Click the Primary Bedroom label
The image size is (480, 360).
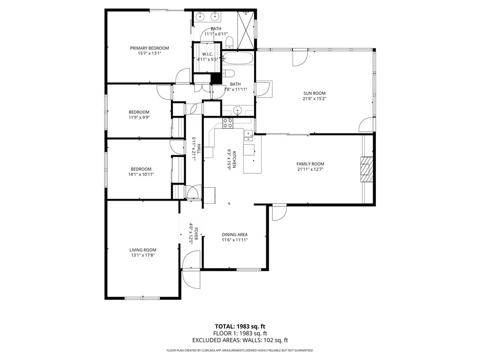pos(149,48)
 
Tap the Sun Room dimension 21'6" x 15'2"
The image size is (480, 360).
pos(314,98)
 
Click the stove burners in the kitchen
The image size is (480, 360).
pos(228,123)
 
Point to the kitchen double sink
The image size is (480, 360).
pos(247,136)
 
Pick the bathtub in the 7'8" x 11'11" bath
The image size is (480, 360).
pos(238,59)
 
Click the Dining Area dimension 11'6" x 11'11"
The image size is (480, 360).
pos(234,240)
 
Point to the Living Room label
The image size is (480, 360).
pos(143,250)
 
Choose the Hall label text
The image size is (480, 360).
pos(198,149)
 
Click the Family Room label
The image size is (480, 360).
pos(310,164)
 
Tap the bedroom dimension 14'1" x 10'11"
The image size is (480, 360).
pos(141,174)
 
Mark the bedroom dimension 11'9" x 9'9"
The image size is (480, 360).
pos(139,117)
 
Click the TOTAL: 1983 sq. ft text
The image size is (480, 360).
pos(240,326)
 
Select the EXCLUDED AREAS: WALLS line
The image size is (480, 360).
pos(240,340)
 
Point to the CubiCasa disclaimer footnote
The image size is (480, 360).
pos(240,350)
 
